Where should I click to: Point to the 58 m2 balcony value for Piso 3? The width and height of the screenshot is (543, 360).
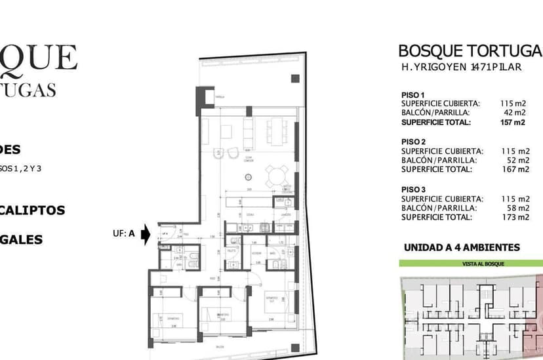tap(517, 208)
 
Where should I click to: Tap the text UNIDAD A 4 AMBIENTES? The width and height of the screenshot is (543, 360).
tap(462, 248)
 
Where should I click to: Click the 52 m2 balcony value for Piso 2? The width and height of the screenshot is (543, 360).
tap(517, 160)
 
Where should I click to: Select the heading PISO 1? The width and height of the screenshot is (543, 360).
tap(413, 95)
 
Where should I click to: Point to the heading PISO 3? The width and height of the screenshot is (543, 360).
tap(414, 190)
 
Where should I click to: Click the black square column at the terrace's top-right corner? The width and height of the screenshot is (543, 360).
tap(294, 79)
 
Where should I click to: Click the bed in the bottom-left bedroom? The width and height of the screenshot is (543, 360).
tap(169, 321)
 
